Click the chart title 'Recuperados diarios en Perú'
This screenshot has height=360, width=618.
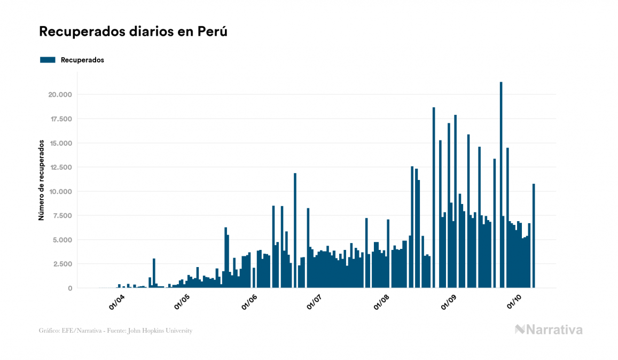point(134,32)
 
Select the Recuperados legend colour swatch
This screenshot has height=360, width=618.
point(48,60)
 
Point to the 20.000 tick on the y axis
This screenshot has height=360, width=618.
point(59,95)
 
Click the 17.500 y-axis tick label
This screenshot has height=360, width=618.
point(60,119)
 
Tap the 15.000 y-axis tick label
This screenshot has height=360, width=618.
point(60,143)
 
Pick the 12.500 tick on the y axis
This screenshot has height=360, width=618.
point(60,167)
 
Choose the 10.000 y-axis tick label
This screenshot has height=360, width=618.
point(60,191)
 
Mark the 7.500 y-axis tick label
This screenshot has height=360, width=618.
point(61,215)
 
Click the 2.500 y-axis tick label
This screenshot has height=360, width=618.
point(61,264)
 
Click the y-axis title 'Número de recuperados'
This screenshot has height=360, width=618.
point(41,180)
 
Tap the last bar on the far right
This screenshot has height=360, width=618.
point(533,236)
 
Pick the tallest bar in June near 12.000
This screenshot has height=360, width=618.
point(295,230)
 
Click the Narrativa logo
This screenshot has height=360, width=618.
point(549,330)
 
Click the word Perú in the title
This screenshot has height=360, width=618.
point(213,32)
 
